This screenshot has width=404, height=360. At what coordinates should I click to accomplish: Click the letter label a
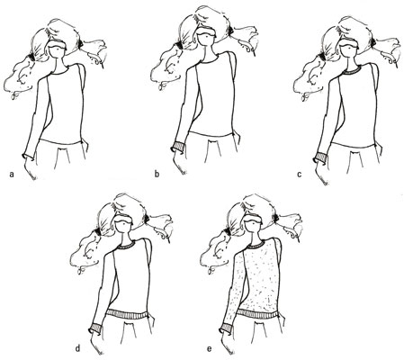pos(12,174)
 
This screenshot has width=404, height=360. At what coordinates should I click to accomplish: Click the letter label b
pos(157,174)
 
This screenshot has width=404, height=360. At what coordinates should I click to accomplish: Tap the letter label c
pos(300,174)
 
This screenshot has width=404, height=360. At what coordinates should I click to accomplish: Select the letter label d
pos(77,348)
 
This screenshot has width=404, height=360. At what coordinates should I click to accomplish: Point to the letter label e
pos(209,349)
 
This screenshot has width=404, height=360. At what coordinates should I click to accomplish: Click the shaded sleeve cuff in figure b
pos(179,147)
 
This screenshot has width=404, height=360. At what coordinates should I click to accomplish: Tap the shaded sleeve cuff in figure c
pos(320,157)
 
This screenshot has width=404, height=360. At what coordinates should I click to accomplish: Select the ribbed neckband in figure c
pos(350,71)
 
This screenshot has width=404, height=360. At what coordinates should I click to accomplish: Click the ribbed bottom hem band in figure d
pos(128,315)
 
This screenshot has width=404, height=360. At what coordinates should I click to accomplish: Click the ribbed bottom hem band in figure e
pos(257,315)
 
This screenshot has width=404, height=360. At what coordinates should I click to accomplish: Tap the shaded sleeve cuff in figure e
pos(227,328)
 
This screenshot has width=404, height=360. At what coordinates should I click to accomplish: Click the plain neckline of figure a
pos(59,72)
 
